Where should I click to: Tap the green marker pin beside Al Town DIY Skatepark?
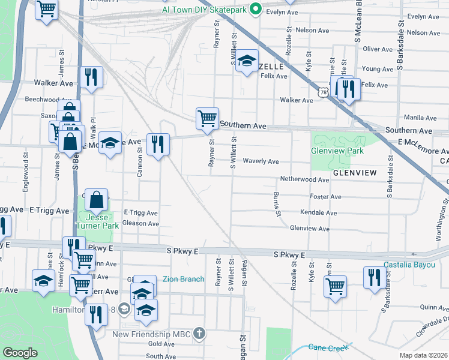[x=255, y=10]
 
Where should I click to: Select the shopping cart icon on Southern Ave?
[x=207, y=118]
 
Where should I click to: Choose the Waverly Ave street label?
[x=261, y=161]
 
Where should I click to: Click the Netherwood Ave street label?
[x=304, y=179]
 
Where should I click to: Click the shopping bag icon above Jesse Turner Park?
[x=96, y=199]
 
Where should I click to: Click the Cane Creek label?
[x=328, y=347]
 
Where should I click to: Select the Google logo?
[x=20, y=353]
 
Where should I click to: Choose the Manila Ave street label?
[x=420, y=118]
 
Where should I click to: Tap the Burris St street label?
[x=278, y=204]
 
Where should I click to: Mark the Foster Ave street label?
[x=325, y=197]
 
